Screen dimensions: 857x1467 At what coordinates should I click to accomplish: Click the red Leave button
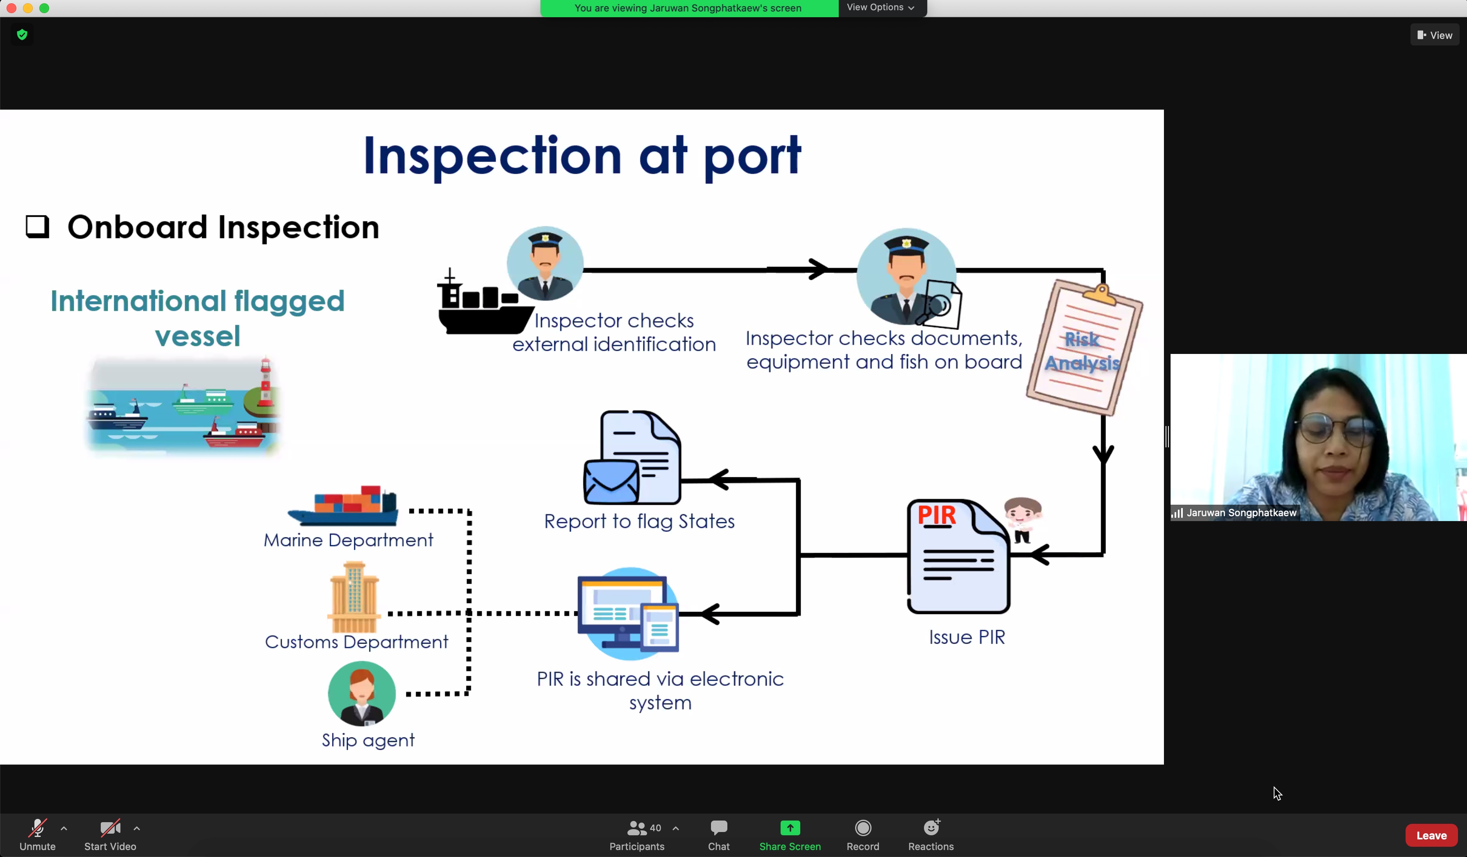point(1431,835)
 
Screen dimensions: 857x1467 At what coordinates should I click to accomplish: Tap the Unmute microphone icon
point(37,828)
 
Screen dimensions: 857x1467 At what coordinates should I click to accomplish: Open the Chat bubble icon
point(718,828)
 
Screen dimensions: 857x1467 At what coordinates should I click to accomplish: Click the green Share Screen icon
point(789,828)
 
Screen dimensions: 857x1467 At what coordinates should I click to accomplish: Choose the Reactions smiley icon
point(931,828)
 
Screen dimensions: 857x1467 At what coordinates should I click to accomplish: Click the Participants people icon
point(636,828)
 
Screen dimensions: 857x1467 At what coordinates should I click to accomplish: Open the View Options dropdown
point(880,7)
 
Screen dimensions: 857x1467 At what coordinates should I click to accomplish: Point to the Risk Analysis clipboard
point(1084,349)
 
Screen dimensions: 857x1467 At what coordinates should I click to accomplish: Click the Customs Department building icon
point(354,597)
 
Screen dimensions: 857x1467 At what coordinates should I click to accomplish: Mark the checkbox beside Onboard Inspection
point(37,227)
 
